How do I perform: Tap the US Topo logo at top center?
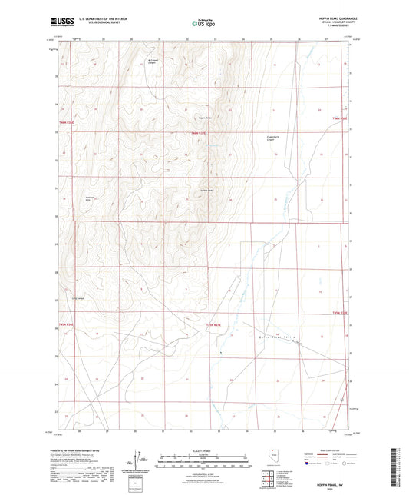click(x=203, y=24)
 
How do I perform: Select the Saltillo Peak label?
click(x=206, y=190)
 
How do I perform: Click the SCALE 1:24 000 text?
click(x=203, y=450)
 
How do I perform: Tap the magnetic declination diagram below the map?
click(x=137, y=462)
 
